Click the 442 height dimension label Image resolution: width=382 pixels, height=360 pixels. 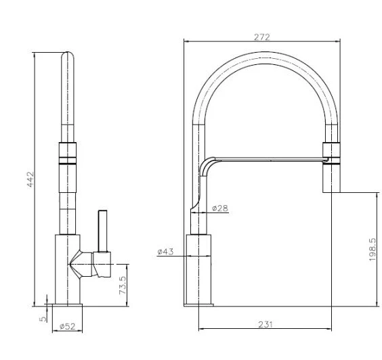coord(30,179)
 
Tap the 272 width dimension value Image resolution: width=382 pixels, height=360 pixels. coord(262,37)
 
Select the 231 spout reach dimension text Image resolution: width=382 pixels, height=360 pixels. coord(266,324)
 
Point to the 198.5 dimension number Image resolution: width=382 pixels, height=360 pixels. coord(373,250)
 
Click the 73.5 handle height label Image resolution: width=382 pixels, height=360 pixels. coord(123,286)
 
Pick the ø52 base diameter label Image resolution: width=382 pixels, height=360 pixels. coord(68,326)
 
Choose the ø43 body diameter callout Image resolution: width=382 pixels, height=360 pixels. coord(165,252)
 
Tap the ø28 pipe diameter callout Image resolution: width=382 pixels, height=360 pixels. coord(220,208)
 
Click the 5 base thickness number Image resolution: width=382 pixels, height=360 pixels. coord(43,319)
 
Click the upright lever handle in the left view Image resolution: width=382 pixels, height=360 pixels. coord(102,231)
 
